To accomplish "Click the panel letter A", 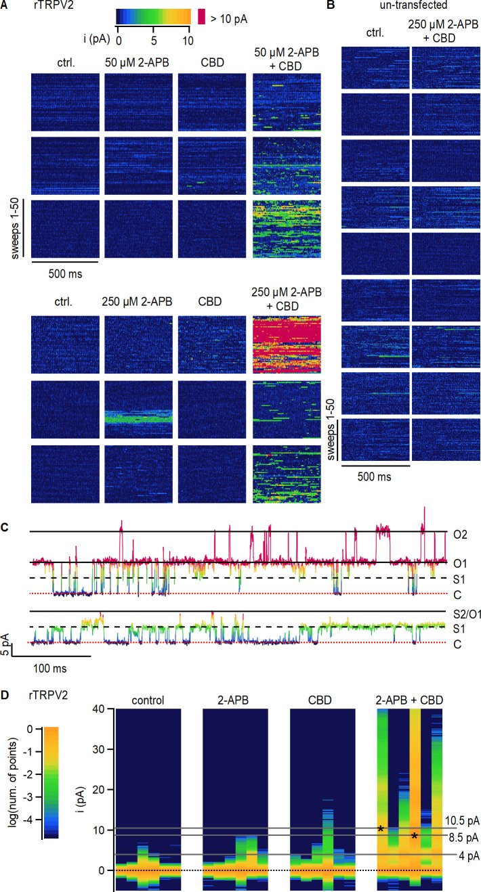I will tap(5, 6).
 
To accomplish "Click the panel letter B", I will tap(331, 6).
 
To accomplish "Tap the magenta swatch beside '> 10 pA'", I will tap(201, 16).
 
